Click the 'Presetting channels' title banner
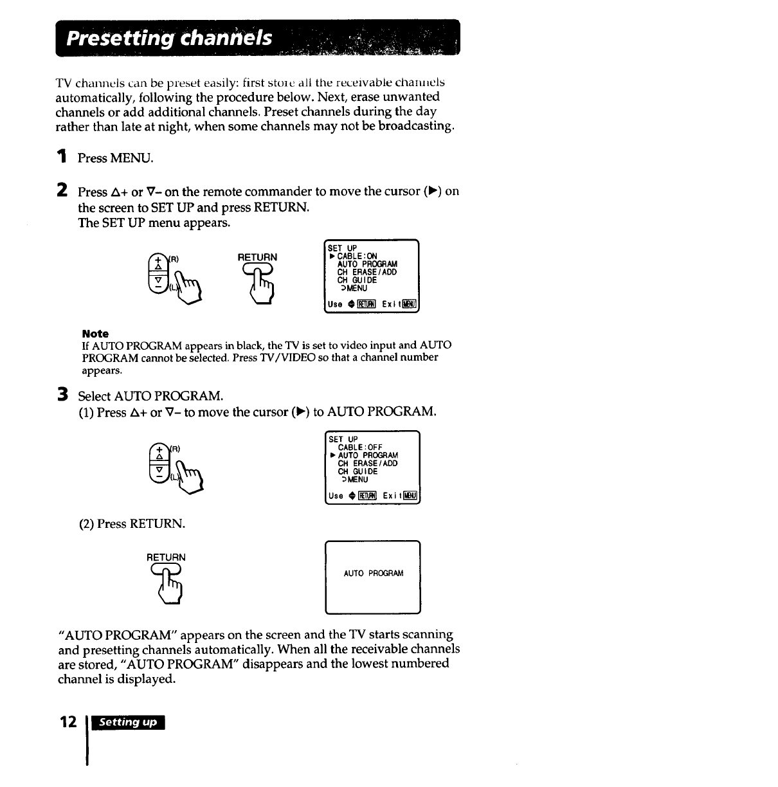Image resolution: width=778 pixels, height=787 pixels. (x=257, y=39)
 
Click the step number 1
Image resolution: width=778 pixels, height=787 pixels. (x=62, y=156)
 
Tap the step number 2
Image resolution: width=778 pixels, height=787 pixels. (x=62, y=190)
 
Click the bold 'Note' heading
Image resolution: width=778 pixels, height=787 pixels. (x=95, y=334)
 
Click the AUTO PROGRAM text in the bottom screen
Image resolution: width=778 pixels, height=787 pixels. (x=373, y=574)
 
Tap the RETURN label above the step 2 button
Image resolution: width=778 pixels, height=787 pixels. (x=257, y=257)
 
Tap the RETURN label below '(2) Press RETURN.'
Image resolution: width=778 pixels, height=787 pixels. (x=166, y=557)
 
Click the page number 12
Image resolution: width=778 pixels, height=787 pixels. (x=68, y=722)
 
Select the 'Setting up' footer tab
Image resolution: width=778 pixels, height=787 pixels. (x=128, y=723)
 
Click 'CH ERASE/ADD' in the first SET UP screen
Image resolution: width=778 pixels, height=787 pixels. (x=366, y=272)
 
